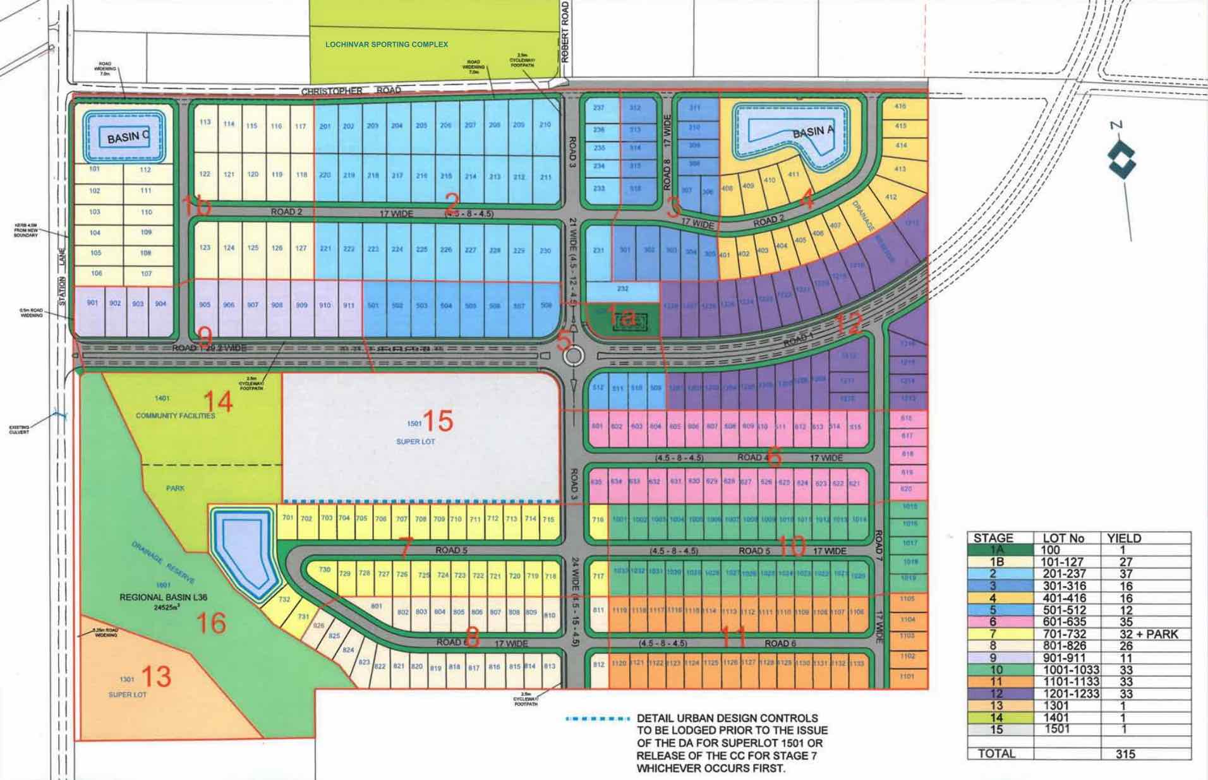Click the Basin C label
tap(127, 136)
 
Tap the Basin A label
tap(813, 132)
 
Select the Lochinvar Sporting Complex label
tap(386, 44)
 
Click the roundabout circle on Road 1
tap(574, 356)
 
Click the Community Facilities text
tap(175, 416)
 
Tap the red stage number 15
tap(438, 421)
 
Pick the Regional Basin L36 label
tap(163, 597)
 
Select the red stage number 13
tap(156, 676)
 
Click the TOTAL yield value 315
tap(1125, 753)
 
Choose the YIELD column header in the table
tap(1124, 538)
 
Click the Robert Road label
tap(565, 32)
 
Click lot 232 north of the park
tap(622, 289)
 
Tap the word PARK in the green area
tap(175, 488)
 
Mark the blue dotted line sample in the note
tap(598, 719)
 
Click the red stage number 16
tap(211, 623)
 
